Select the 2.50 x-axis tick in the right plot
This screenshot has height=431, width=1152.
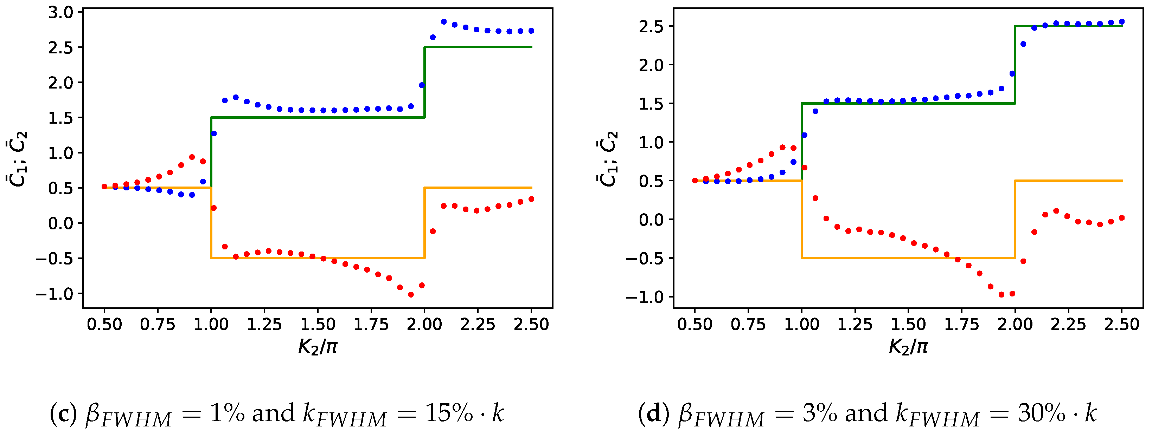(x=1122, y=324)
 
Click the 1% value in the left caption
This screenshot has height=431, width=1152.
(x=227, y=413)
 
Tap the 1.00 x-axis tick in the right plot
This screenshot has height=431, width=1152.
(x=802, y=324)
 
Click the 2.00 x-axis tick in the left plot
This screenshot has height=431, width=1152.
(x=424, y=324)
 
